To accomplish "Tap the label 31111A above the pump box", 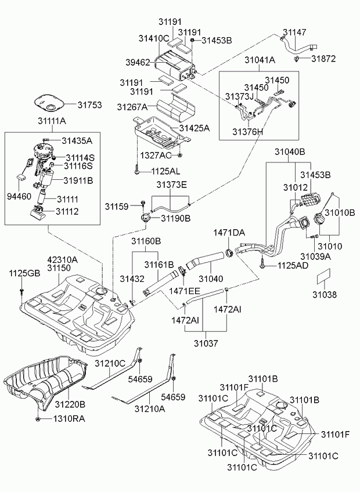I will click(52, 121).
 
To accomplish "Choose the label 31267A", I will click(132, 107).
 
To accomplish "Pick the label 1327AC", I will click(155, 156).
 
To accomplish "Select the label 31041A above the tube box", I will click(259, 60).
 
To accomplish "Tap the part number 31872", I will click(323, 59).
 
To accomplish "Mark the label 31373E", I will click(171, 185).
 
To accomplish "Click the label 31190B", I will click(175, 219).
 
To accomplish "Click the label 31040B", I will click(290, 152).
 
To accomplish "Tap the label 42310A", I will click(62, 260).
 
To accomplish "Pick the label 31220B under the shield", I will click(70, 404).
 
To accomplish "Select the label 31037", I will click(206, 343).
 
